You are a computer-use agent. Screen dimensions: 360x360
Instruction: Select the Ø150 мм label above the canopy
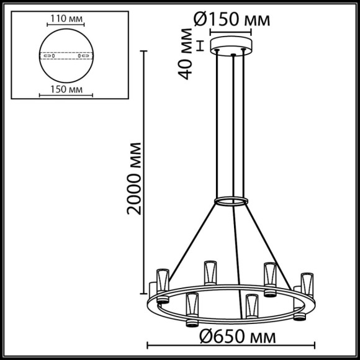click(x=231, y=19)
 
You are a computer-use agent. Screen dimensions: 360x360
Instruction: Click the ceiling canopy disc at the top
click(x=232, y=45)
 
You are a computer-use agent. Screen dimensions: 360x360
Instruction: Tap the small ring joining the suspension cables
click(x=231, y=201)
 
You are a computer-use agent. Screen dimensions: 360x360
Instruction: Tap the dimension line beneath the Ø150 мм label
click(x=232, y=30)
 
